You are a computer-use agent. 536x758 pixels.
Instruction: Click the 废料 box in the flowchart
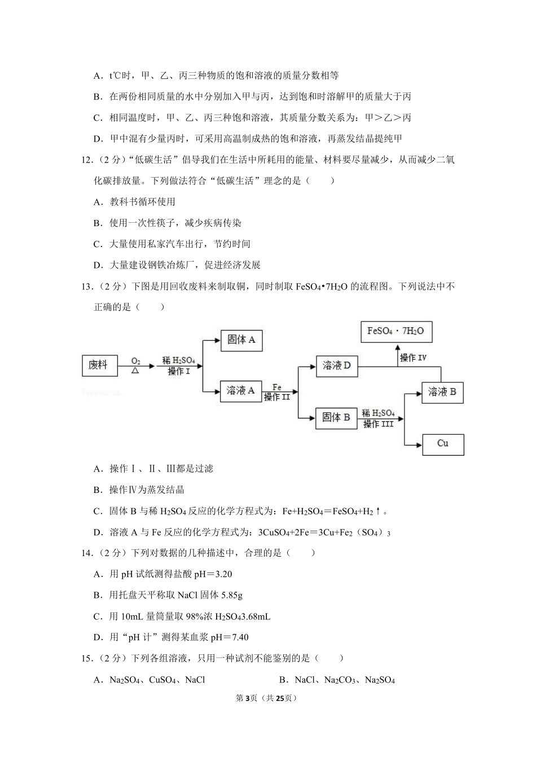point(100,365)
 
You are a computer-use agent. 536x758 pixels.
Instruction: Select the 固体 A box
point(241,341)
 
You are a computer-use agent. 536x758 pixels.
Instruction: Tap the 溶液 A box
point(241,391)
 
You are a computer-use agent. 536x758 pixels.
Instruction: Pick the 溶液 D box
point(337,366)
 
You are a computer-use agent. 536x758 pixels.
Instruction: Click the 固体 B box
point(336,418)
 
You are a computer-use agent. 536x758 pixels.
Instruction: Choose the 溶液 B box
point(442,393)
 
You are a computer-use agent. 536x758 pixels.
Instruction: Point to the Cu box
point(443,444)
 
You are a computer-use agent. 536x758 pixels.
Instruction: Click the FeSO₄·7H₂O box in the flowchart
point(397,332)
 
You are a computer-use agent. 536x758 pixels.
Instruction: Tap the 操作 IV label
point(413,358)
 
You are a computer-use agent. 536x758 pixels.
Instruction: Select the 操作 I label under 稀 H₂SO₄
point(179,371)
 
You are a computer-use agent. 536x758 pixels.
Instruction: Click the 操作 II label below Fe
point(277,396)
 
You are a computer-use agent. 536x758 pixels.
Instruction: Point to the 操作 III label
point(379,424)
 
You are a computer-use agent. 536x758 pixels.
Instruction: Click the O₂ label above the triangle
point(135,361)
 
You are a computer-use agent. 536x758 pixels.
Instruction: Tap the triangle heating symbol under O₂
point(135,370)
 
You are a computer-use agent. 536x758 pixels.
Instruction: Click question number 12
point(87,160)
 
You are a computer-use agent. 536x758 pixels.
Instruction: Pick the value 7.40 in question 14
point(240,637)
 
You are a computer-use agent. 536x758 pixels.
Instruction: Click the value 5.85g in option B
point(231,595)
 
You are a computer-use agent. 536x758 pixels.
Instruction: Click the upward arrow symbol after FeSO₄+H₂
point(378,511)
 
